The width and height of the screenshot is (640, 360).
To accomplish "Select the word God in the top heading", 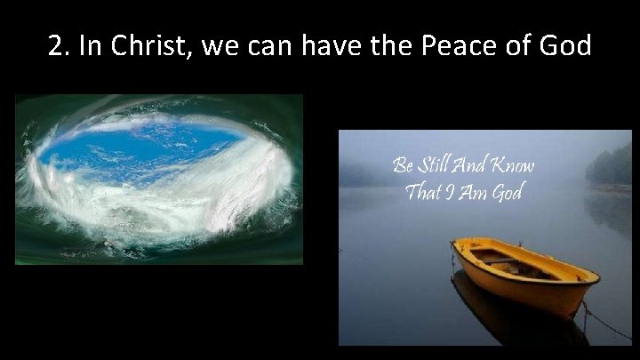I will [x=562, y=45].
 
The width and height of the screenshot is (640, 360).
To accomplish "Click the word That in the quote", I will [x=422, y=191].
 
